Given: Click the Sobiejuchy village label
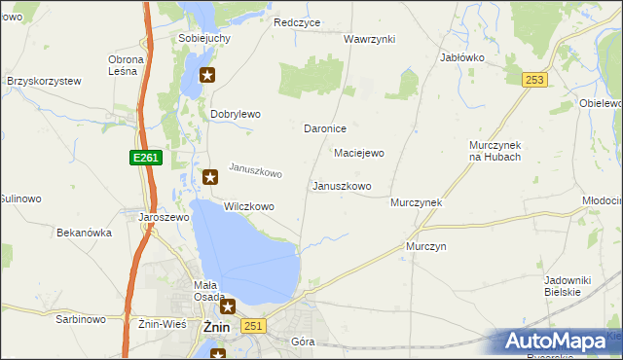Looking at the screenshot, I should tap(204, 38).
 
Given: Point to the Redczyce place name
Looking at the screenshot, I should tap(297, 22).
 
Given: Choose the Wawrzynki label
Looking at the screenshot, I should tap(369, 39).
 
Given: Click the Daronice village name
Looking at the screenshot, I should tap(325, 128).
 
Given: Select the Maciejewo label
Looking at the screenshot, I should tap(359, 153).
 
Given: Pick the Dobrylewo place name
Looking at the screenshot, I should tap(236, 114).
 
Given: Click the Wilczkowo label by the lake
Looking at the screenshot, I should tap(249, 207).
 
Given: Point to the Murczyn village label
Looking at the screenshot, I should tap(425, 247).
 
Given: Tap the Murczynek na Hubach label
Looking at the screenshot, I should tap(495, 150).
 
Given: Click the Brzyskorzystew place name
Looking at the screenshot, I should tap(43, 82).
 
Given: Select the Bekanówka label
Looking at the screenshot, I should tap(85, 234).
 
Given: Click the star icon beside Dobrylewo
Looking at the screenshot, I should tap(206, 76).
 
